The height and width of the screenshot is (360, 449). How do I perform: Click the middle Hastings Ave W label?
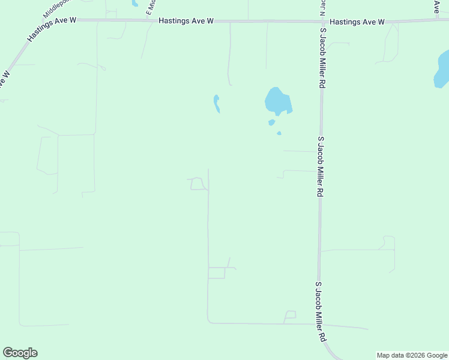click(x=186, y=21)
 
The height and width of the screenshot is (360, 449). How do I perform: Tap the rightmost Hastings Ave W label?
click(x=357, y=22)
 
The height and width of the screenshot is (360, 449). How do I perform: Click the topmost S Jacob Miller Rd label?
click(x=322, y=59)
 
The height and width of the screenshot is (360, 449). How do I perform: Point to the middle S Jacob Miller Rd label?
click(x=321, y=166)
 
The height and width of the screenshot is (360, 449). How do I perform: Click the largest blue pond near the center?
click(x=278, y=101)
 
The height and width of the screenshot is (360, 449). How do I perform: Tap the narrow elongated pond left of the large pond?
click(x=216, y=103)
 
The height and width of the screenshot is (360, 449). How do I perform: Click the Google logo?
click(x=20, y=353)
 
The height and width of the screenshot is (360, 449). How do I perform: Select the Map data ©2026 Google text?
click(x=412, y=355)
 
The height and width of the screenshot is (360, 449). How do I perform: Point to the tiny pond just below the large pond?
click(x=271, y=122)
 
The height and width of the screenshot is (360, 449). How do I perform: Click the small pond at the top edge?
click(x=135, y=3)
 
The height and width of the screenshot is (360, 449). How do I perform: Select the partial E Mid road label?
click(x=151, y=7)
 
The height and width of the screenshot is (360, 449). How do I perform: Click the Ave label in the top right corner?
click(x=437, y=6)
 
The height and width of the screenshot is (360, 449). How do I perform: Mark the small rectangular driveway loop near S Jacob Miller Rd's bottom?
click(x=291, y=314)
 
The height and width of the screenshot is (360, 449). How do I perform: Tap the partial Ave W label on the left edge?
click(x=5, y=79)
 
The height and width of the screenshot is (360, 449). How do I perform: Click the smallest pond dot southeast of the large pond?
click(x=279, y=133)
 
